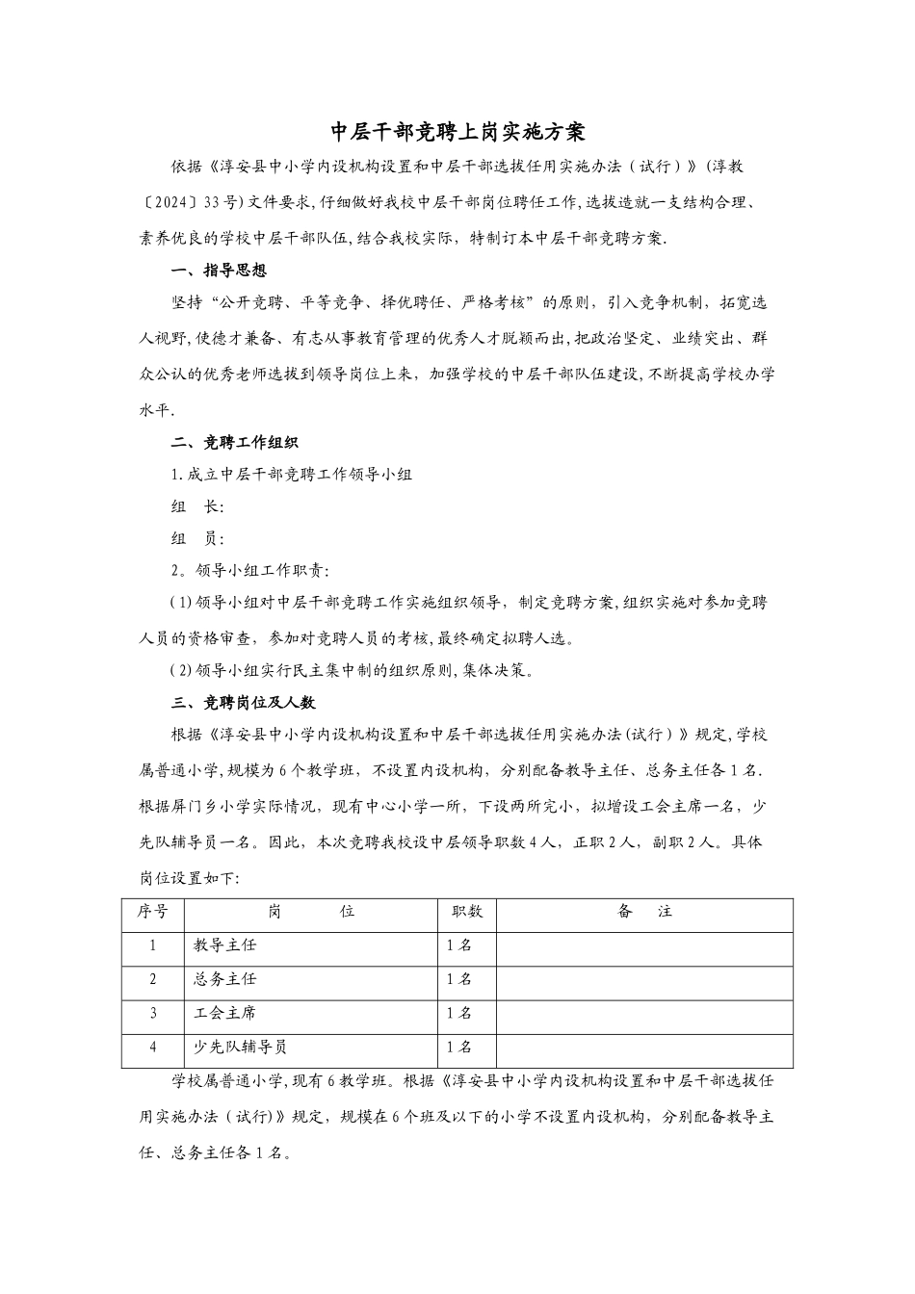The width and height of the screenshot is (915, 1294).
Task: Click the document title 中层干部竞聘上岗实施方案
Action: [x=457, y=131]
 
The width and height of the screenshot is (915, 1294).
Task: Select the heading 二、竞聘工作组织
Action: [x=234, y=443]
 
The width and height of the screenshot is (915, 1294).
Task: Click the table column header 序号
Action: [x=152, y=912]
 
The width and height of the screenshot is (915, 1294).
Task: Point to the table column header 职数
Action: [x=467, y=912]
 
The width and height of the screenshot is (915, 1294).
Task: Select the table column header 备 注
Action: [x=644, y=912]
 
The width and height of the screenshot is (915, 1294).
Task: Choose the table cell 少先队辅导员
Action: [x=241, y=1048]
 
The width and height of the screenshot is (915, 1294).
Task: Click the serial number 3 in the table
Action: [x=152, y=1014]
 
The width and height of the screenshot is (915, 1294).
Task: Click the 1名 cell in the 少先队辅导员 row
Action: [x=459, y=1048]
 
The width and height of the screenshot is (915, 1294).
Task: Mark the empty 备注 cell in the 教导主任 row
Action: [x=644, y=945]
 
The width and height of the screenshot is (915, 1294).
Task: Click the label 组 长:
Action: [x=197, y=507]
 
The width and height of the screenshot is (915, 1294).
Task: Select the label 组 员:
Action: [x=197, y=539]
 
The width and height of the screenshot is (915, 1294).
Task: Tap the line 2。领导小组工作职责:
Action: [x=250, y=571]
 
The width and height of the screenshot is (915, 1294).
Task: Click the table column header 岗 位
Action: [x=311, y=912]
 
